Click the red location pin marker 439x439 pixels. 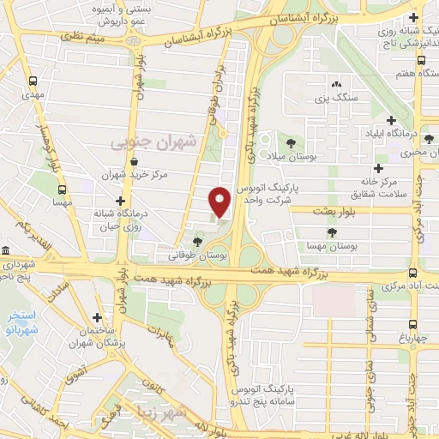coord(220,201)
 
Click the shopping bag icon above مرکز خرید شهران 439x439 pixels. coord(134,160)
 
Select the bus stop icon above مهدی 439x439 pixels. coord(33,83)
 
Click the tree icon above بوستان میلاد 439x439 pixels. coord(291,142)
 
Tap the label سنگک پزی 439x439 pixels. coord(333,99)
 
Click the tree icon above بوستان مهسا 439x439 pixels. coord(332,232)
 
